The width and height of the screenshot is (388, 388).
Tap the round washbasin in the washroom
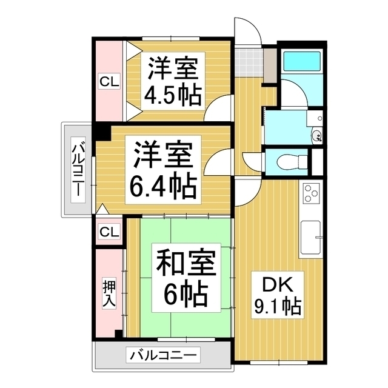[315, 135]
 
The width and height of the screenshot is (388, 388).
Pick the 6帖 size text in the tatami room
[186, 295]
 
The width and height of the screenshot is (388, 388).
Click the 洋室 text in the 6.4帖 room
[163, 155]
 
